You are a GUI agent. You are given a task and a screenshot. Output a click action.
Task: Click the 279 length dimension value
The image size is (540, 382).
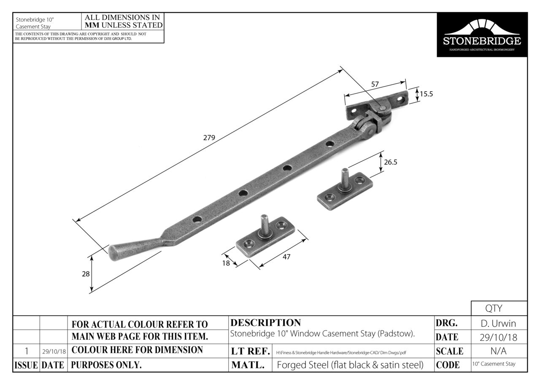pyautogui.click(x=209, y=138)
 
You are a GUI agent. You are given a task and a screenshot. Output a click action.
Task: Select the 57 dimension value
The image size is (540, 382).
pyautogui.click(x=375, y=84)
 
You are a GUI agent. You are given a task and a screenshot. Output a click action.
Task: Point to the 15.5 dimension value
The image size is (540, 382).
pyautogui.click(x=426, y=94)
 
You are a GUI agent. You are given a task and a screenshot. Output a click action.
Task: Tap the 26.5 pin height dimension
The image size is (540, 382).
pyautogui.click(x=391, y=162)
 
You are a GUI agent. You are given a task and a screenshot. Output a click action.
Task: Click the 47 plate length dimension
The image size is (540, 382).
pyautogui.click(x=286, y=256)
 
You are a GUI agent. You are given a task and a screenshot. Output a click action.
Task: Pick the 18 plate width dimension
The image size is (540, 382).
pyautogui.click(x=226, y=263)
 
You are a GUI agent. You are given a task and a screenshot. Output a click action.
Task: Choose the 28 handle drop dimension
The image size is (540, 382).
pyautogui.click(x=86, y=274)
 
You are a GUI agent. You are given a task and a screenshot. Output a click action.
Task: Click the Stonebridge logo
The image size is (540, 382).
pyautogui.click(x=482, y=35)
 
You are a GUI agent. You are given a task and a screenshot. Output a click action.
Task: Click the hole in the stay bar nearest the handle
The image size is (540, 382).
pyautogui.click(x=197, y=219)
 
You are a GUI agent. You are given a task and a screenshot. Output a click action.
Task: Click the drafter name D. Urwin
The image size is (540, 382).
pyautogui.click(x=499, y=324)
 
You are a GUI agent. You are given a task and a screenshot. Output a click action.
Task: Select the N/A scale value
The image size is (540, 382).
pyautogui.click(x=499, y=351)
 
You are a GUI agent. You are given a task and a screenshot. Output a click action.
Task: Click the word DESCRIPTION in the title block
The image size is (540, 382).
pyautogui.click(x=266, y=323)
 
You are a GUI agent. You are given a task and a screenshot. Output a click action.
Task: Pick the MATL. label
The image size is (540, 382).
pyautogui.click(x=248, y=365)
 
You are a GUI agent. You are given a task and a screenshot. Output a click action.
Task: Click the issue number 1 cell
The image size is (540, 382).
pyautogui.click(x=27, y=351)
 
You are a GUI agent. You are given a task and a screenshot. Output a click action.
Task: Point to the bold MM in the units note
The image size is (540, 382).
pyautogui.click(x=92, y=25)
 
